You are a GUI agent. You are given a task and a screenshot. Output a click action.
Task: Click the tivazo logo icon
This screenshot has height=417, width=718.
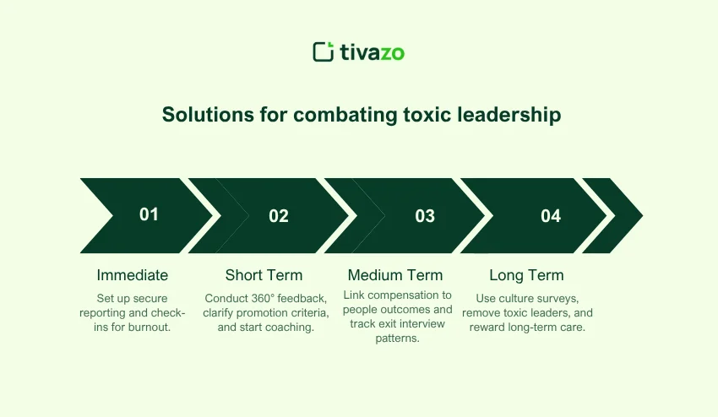324,51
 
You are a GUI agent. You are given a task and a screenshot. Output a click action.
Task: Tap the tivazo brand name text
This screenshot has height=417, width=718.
373,52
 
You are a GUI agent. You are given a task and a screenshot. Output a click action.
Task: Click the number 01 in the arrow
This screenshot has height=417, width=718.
149,214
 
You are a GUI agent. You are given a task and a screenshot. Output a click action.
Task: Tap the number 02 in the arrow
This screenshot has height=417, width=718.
279,216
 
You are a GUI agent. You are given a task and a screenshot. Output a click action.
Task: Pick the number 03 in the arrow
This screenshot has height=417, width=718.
425,216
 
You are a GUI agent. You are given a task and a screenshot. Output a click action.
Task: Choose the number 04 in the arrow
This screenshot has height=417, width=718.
551,216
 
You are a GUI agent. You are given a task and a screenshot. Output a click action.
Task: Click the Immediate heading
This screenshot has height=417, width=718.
133,275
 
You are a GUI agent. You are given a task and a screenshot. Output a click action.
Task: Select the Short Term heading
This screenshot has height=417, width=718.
264,275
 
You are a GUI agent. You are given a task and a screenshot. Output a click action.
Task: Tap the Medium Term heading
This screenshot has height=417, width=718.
395,275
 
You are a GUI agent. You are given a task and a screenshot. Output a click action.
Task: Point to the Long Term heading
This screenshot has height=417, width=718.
526,275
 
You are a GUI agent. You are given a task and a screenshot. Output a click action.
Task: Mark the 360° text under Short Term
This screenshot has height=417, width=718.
262,299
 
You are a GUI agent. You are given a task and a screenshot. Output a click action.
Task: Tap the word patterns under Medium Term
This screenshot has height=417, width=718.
398,338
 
